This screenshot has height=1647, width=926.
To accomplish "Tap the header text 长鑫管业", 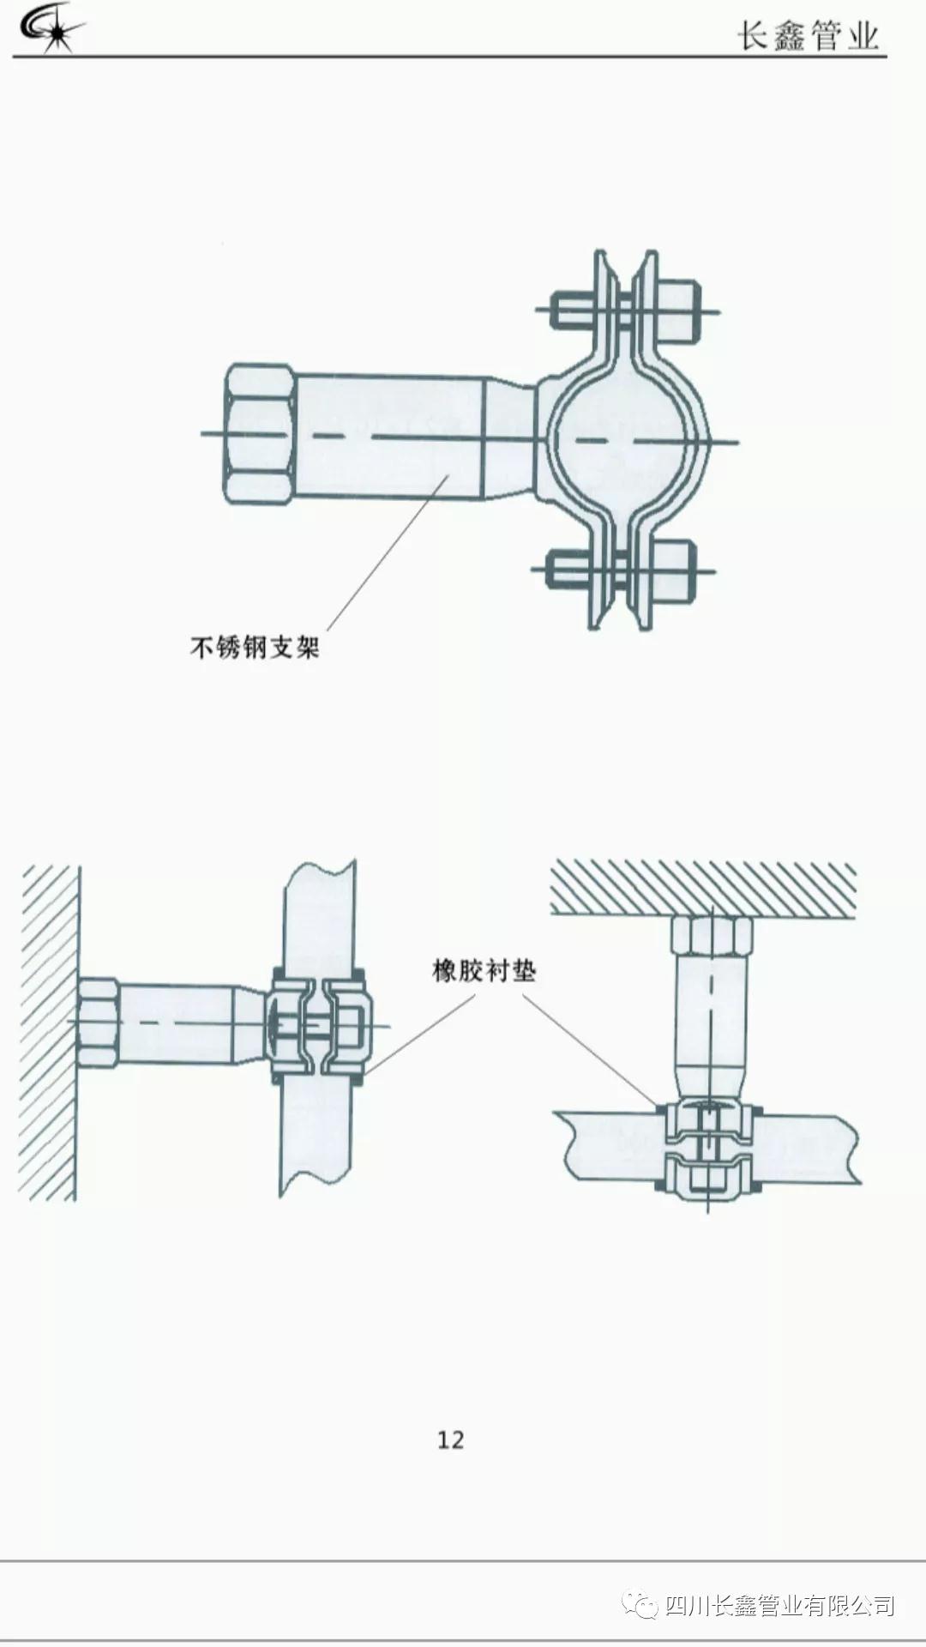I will pos(808,36).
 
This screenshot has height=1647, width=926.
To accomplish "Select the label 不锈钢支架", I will pos(255,647).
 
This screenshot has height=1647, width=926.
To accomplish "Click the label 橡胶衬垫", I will pos(484,971).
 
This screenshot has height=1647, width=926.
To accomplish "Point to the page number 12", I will pos(450,1439).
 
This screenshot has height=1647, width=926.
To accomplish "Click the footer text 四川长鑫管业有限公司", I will pos(779,1606).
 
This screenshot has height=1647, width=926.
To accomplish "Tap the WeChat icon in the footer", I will pos(640,1606).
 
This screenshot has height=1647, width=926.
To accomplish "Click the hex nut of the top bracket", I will pos(260,433).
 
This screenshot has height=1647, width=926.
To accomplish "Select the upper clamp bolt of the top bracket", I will pos(626,311).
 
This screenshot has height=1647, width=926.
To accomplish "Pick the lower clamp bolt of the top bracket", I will pos(622,570).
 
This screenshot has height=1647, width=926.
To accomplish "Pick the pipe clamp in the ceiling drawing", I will pos(708,1149).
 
